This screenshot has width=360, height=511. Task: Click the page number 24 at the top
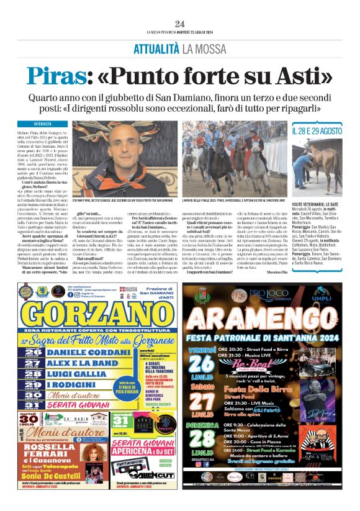click(179, 24)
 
